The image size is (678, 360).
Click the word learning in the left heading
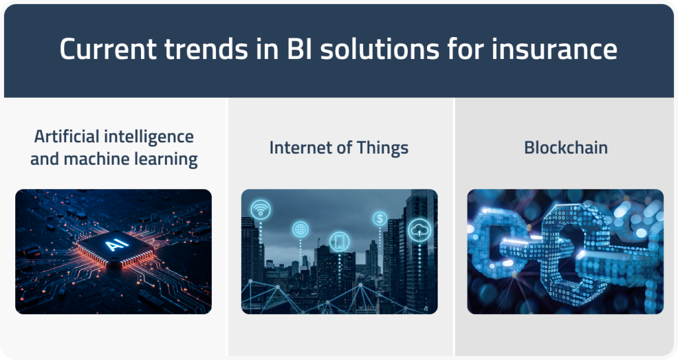click(x=167, y=159)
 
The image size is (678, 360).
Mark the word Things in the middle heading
click(x=383, y=147)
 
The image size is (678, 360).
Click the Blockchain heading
click(x=565, y=147)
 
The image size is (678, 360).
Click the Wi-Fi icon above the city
click(x=260, y=208)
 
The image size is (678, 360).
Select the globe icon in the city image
click(x=301, y=230)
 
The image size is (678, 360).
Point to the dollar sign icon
click(x=380, y=218)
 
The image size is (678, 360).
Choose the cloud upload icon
click(x=420, y=229)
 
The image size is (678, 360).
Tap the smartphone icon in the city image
click(x=339, y=242)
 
